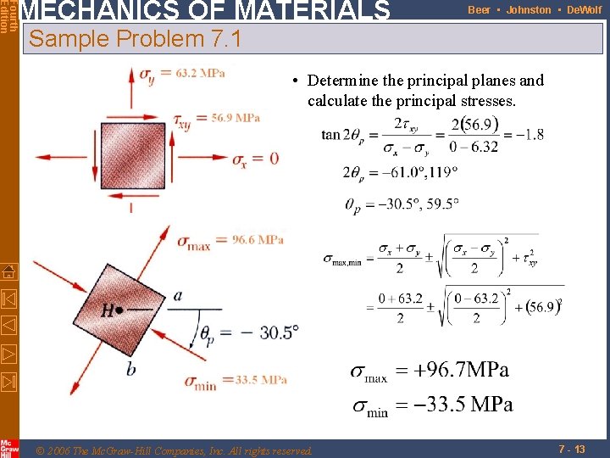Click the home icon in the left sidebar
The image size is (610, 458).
(x=8, y=271)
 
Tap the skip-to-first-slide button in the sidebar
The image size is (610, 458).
(x=8, y=299)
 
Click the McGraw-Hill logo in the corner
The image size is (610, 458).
(x=8, y=448)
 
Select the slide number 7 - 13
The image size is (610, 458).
(x=571, y=449)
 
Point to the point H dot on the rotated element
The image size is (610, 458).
(x=119, y=310)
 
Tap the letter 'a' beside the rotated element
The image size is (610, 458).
(x=178, y=295)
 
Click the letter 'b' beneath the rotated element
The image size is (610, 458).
(x=130, y=368)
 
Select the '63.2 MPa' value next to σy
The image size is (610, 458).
(x=201, y=73)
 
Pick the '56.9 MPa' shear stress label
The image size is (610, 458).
(x=236, y=118)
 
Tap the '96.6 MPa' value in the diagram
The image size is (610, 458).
(x=258, y=240)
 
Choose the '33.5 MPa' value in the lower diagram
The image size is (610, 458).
(x=262, y=379)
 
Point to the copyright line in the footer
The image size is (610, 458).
(x=175, y=450)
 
